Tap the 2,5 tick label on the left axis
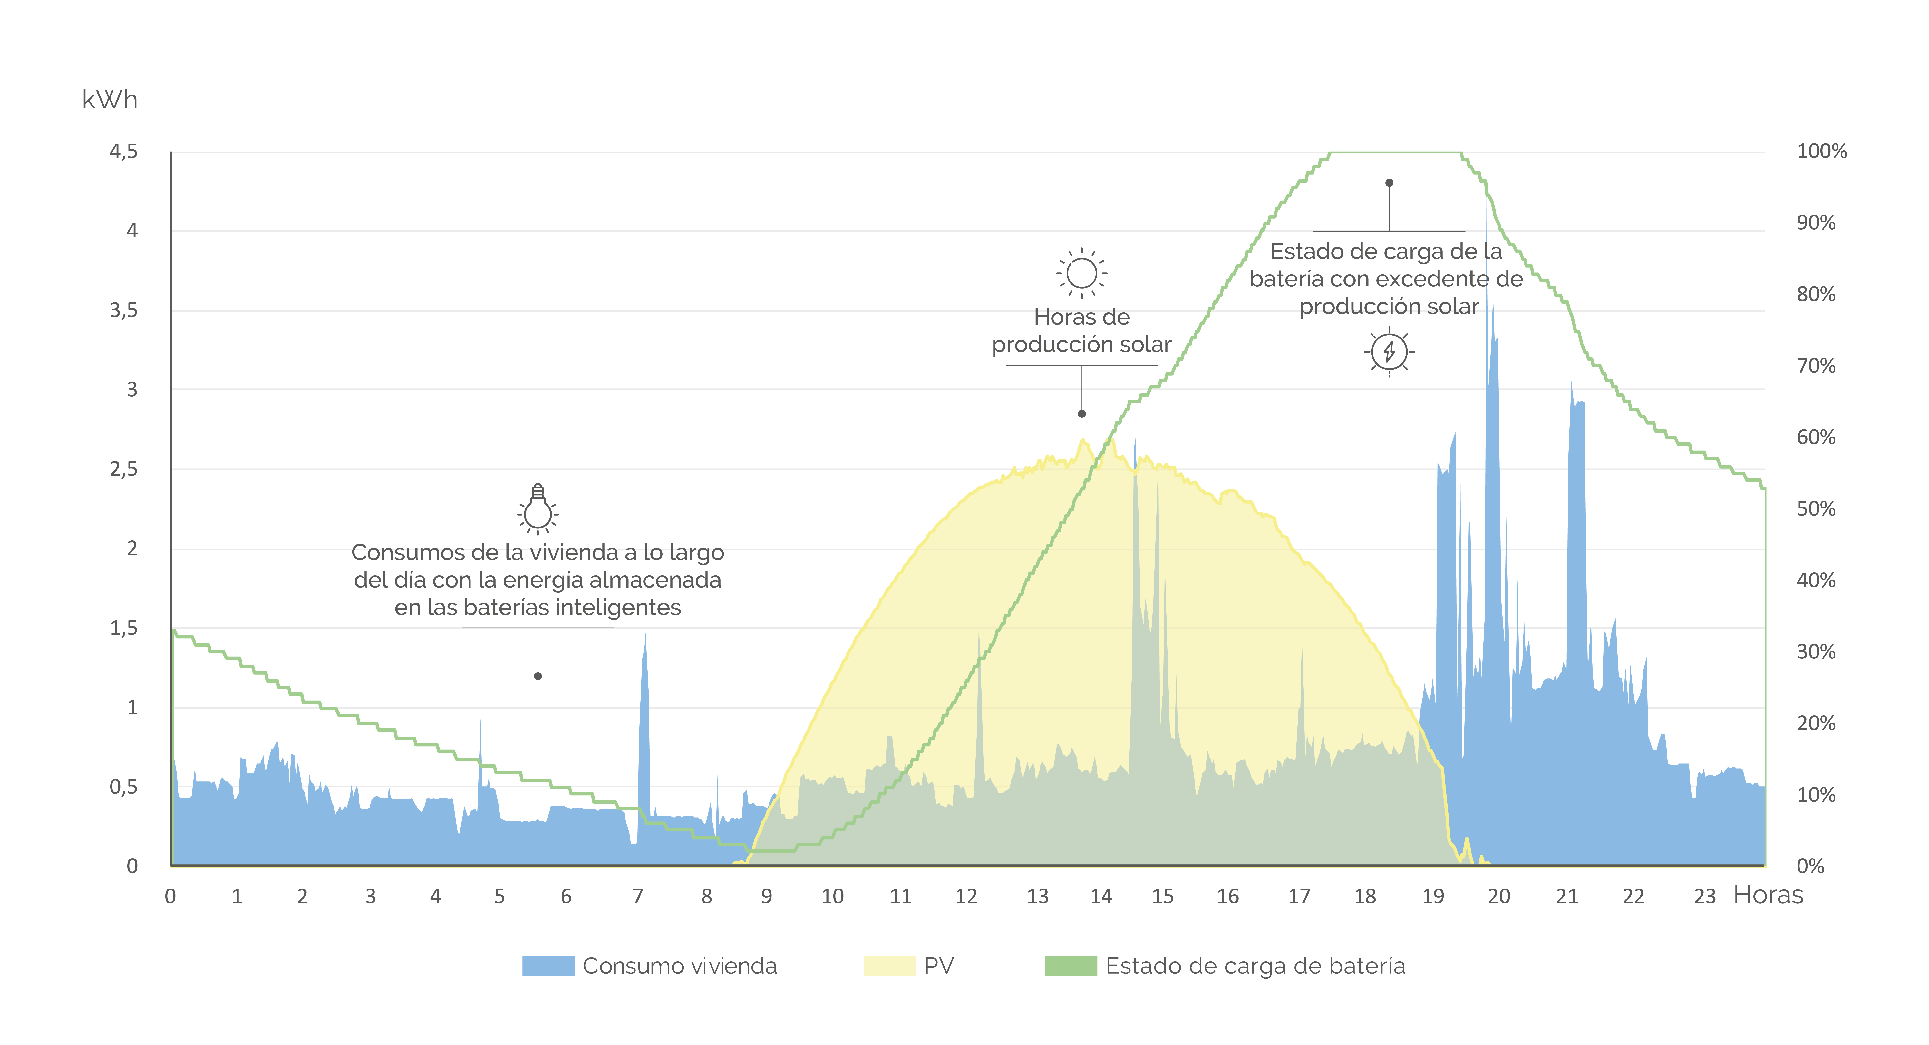[124, 470]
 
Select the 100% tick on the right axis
[1821, 151]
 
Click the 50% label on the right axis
[1816, 509]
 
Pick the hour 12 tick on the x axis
[966, 896]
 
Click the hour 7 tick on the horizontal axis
[638, 896]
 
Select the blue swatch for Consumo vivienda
[548, 966]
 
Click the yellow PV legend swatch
[889, 966]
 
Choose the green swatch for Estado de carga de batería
[1071, 966]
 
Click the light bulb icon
[538, 509]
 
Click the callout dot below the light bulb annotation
[538, 677]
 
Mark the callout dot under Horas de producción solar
[1081, 414]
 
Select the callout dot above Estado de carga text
[1389, 183]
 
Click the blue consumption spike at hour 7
[644, 742]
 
